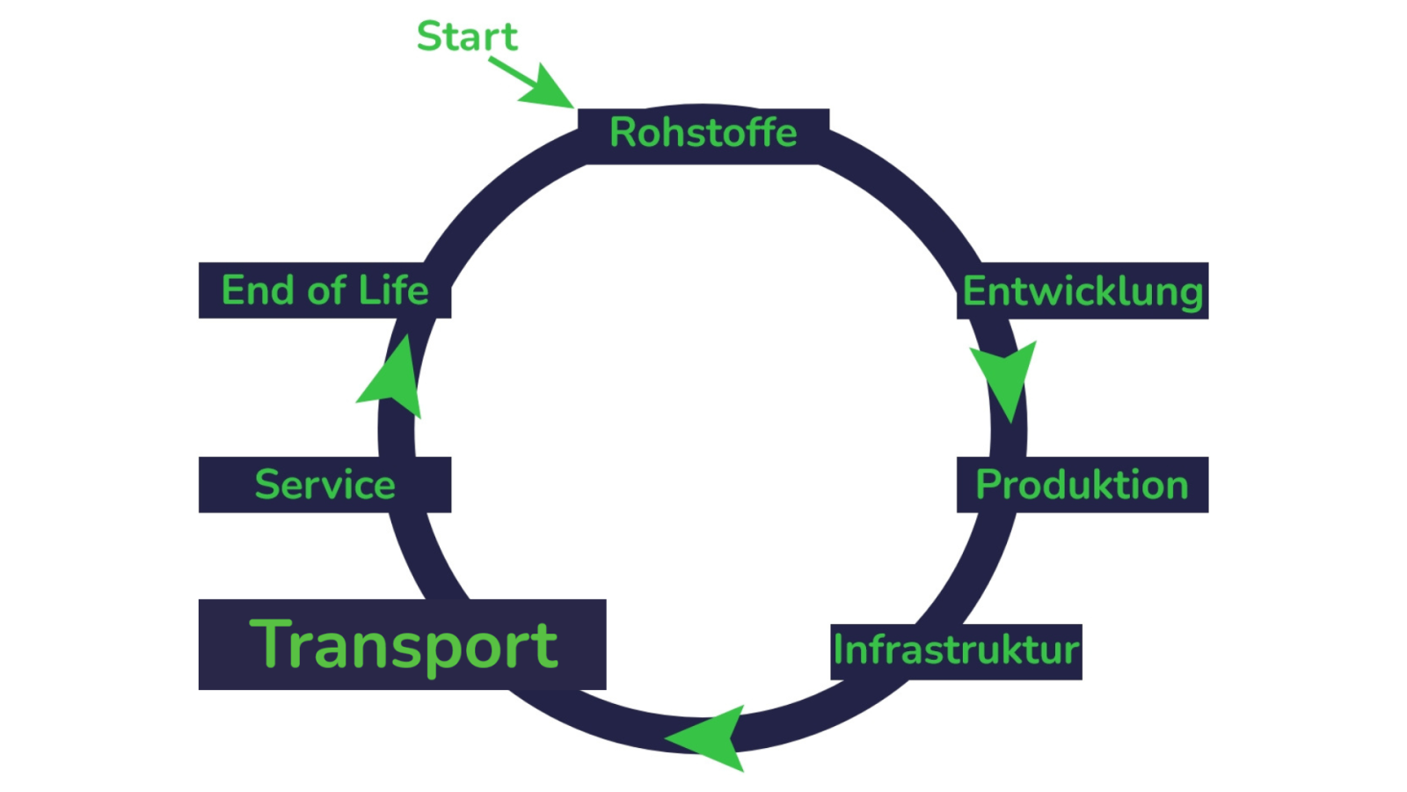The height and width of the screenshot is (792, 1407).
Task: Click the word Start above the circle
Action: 467,37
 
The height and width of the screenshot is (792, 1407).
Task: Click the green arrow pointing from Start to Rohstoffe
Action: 536,84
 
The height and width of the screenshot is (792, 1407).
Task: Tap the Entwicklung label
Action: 1083,291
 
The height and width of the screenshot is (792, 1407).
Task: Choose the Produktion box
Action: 1083,485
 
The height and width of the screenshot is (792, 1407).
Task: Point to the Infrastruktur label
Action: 956,651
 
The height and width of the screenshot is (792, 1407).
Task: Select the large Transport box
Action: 403,645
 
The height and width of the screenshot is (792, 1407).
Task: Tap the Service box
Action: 324,485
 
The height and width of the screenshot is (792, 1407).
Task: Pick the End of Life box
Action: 324,290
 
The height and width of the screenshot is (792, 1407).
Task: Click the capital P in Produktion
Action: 988,485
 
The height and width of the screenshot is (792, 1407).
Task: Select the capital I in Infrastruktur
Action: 839,649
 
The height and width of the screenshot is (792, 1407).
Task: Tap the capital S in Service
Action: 266,485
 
